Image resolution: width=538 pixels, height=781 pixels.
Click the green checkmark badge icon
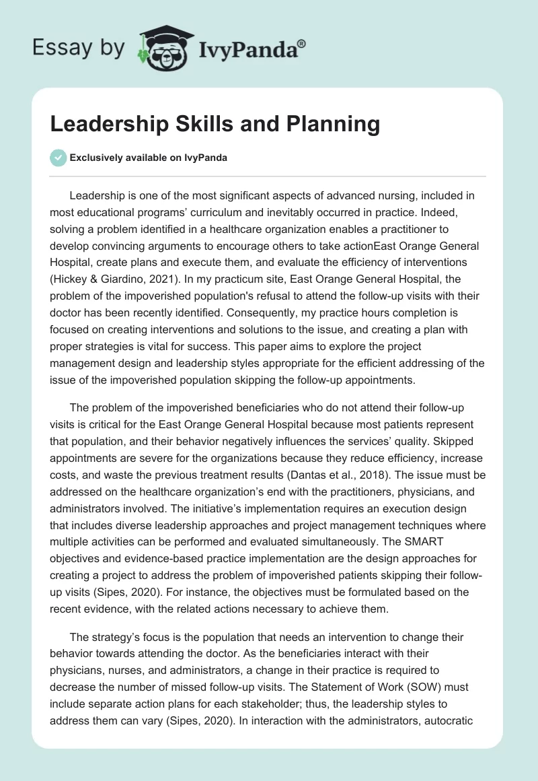point(58,158)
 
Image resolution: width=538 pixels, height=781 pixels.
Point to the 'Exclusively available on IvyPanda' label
point(148,158)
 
